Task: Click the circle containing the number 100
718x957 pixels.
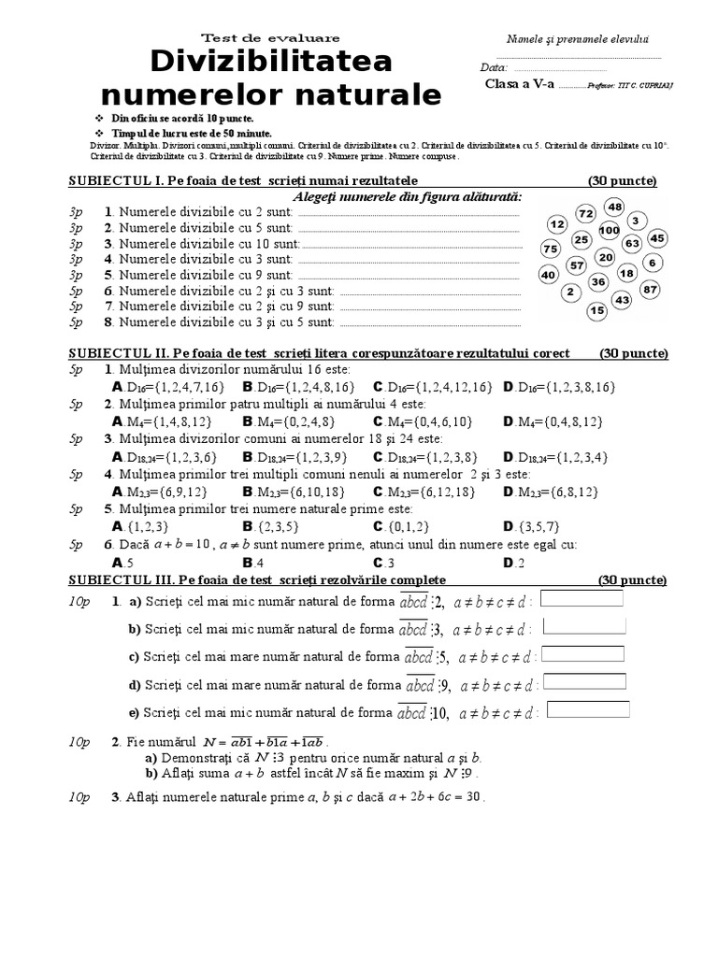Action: click(x=610, y=230)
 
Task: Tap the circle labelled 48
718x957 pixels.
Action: click(x=614, y=207)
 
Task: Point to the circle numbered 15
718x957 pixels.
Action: click(x=597, y=310)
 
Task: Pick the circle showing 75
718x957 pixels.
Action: click(x=551, y=249)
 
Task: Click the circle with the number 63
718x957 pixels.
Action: click(x=633, y=244)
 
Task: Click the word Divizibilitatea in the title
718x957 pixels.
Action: click(x=271, y=63)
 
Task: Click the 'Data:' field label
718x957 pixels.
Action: click(x=494, y=67)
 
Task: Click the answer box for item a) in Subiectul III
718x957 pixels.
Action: click(x=582, y=598)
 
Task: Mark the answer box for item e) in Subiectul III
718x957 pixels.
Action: click(x=588, y=709)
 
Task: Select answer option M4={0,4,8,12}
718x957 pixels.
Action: click(x=553, y=421)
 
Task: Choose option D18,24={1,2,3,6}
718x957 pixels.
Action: click(x=165, y=456)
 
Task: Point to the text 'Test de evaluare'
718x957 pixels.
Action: click(x=271, y=37)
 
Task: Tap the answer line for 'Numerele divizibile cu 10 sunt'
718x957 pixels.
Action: click(x=411, y=244)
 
